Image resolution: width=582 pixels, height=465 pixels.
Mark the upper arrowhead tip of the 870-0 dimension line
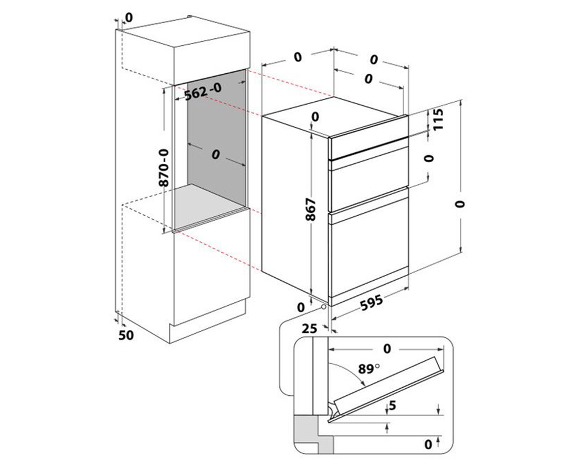click(x=164, y=88)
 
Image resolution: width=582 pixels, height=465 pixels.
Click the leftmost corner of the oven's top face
click(x=262, y=116)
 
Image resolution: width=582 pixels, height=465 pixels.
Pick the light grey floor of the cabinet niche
click(x=210, y=205)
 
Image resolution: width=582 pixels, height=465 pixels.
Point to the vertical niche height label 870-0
click(x=164, y=167)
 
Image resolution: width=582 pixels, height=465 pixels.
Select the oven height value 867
click(x=310, y=209)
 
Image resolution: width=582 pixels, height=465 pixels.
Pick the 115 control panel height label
click(x=438, y=119)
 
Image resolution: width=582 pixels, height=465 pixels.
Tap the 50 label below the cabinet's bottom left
click(x=126, y=335)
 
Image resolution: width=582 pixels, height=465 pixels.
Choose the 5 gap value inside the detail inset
click(x=392, y=406)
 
